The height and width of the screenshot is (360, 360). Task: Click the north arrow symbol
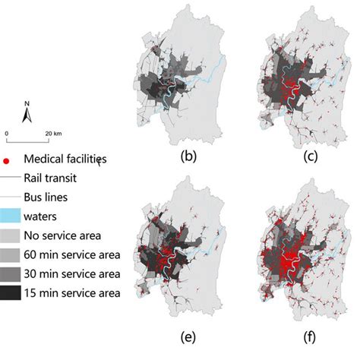[27, 115]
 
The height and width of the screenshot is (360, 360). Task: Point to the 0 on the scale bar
[7, 133]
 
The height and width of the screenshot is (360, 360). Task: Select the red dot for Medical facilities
[8, 160]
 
